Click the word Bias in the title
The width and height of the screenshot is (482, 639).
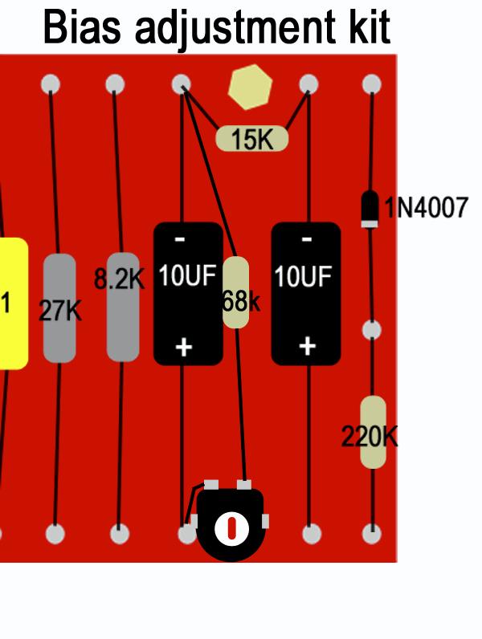[82, 27]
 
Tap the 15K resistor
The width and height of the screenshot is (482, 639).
[252, 139]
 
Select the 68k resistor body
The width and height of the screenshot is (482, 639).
[236, 292]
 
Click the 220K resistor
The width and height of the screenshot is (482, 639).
[373, 432]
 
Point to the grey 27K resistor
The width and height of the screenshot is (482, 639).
[59, 307]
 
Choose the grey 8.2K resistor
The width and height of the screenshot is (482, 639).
[123, 307]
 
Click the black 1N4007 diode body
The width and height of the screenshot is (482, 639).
[370, 209]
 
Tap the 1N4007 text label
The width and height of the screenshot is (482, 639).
[426, 207]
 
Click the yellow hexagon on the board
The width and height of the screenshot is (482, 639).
[250, 87]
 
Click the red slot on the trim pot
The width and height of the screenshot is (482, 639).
[231, 528]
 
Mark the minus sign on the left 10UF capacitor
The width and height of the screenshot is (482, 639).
[180, 239]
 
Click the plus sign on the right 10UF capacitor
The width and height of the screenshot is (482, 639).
[307, 347]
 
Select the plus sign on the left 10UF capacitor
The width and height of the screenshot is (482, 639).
[183, 348]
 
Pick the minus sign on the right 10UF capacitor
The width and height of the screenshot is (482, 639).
[307, 239]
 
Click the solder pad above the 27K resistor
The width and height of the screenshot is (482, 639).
[51, 84]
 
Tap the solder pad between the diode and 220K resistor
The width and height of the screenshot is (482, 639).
[371, 330]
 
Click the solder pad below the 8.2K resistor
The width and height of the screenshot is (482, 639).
[120, 534]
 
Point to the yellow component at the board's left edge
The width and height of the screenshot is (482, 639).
[12, 303]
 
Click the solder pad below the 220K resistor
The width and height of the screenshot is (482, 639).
[372, 534]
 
